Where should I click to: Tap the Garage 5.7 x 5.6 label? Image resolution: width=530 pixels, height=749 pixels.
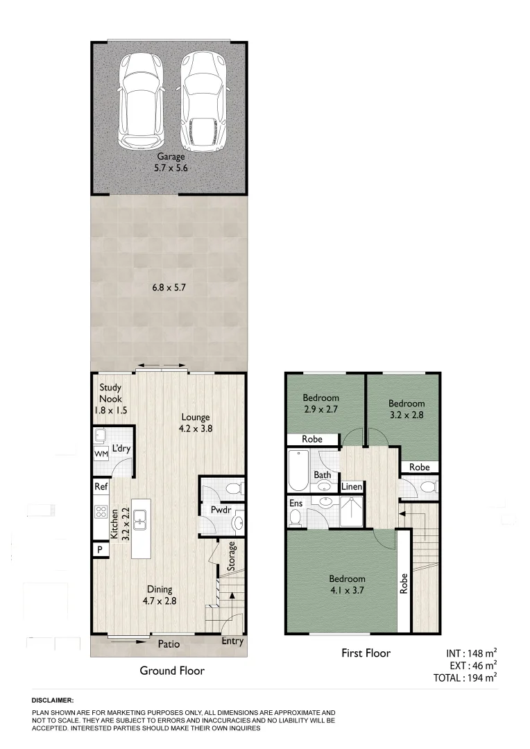click(x=171, y=162)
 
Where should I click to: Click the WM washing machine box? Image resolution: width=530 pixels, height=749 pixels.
click(x=100, y=454)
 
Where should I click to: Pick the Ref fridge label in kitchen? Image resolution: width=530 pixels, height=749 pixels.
click(x=100, y=487)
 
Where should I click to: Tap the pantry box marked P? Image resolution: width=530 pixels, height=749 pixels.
click(x=99, y=550)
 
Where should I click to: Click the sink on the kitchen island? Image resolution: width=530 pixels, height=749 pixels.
click(x=141, y=517)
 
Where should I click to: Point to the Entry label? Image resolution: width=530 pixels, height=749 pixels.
click(x=232, y=642)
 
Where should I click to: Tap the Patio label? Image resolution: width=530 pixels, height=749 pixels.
click(x=169, y=644)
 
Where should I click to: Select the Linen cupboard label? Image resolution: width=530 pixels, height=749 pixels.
click(x=352, y=487)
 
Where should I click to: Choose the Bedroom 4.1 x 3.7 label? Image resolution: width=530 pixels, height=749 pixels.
click(x=347, y=585)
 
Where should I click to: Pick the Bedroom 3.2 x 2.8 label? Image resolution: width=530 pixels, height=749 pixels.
click(x=406, y=409)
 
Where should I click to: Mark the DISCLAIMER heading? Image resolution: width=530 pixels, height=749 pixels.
click(x=53, y=701)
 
